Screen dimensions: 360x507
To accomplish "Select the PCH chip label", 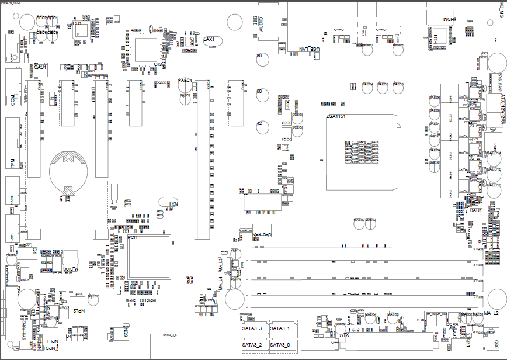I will point(133,238).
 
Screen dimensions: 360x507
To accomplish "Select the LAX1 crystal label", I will point(210,39).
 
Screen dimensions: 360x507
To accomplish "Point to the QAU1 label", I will point(40,68).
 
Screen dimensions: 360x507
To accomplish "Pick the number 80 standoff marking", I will point(259,56).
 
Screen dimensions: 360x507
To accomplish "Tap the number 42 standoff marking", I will point(259,123).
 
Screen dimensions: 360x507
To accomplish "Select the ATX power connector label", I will point(344,335).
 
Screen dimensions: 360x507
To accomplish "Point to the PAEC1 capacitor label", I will point(185,80).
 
